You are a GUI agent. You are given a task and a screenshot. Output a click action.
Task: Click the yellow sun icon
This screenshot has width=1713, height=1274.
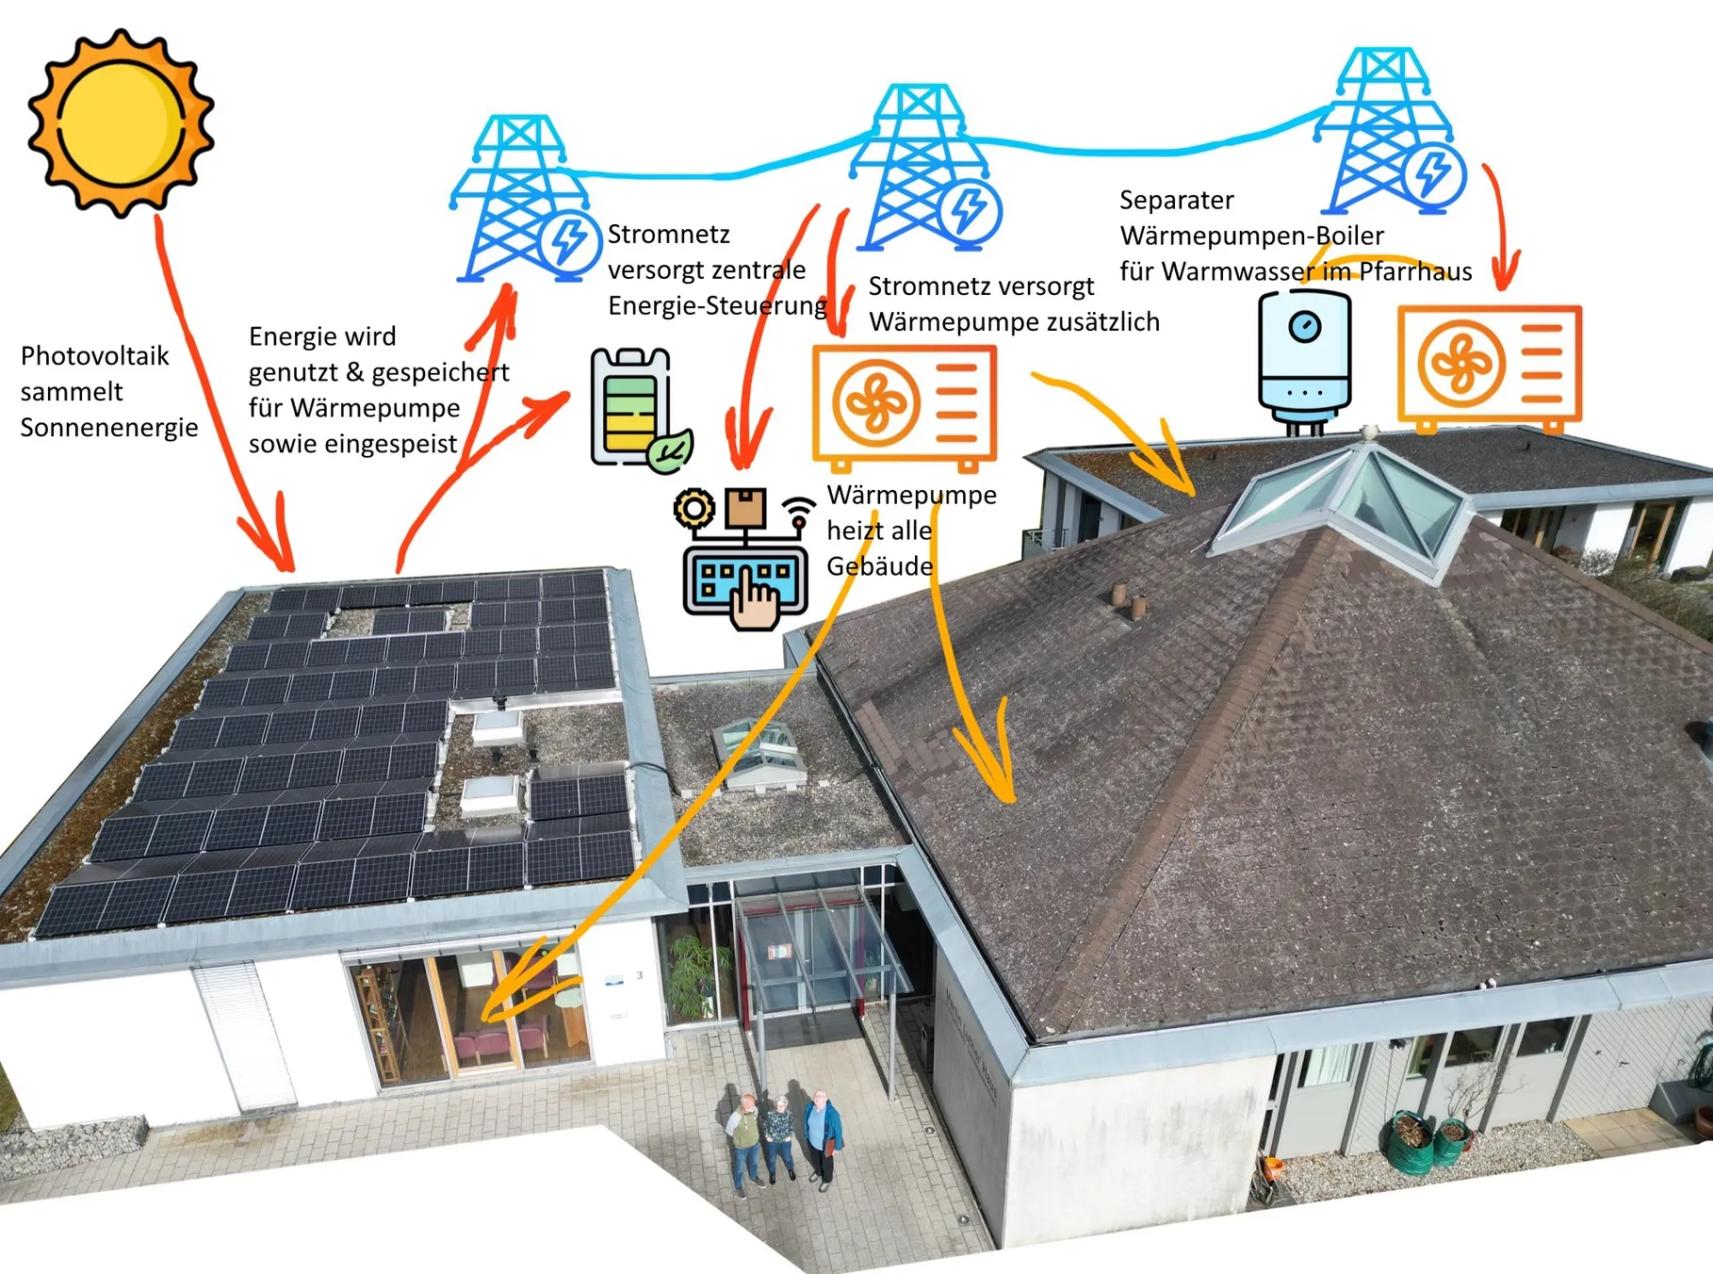tap(120, 122)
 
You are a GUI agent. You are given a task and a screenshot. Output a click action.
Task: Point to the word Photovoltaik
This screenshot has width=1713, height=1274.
tap(94, 356)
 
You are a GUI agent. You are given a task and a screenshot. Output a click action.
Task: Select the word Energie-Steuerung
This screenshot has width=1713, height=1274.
tap(717, 306)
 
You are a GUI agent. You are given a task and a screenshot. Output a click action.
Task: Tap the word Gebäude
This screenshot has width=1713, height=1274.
tap(880, 566)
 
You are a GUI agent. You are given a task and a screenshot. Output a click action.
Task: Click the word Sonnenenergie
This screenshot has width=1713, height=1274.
tap(109, 428)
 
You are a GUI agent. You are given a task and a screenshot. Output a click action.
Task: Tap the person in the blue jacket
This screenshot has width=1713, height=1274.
tap(823, 1135)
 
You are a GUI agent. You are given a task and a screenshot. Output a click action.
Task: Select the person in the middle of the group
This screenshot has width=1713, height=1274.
tap(780, 1135)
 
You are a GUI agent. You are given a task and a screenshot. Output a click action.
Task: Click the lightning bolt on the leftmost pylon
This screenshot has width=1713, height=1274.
tap(569, 242)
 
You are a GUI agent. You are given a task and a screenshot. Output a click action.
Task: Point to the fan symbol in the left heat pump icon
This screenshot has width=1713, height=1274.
tap(875, 401)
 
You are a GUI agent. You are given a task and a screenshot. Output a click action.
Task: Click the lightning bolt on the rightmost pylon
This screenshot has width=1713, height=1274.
tap(1433, 173)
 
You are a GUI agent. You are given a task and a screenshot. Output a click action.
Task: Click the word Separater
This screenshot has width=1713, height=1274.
tap(1176, 201)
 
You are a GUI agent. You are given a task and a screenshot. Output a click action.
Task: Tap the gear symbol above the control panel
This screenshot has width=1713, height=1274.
tap(694, 509)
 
